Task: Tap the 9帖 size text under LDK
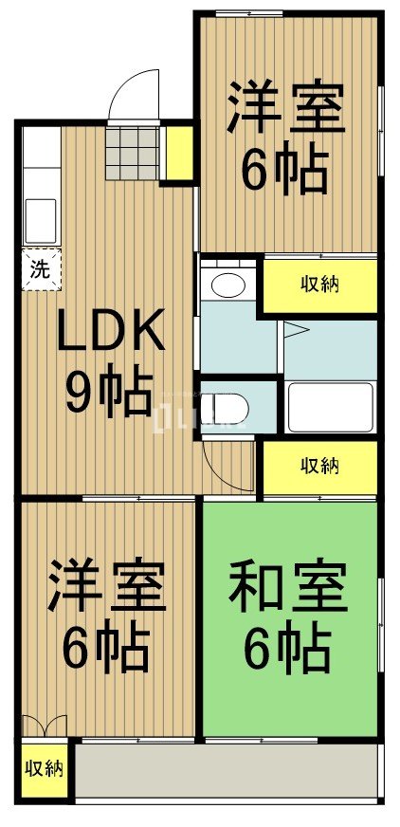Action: (109, 390)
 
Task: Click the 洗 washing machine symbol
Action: (39, 268)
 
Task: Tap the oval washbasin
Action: (227, 285)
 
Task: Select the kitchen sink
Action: (39, 220)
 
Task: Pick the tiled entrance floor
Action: (133, 152)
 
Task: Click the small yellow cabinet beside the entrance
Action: (177, 152)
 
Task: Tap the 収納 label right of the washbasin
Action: (321, 284)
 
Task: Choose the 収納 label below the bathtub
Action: (321, 466)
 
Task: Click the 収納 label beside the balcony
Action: (44, 767)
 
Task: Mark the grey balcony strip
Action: (227, 770)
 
